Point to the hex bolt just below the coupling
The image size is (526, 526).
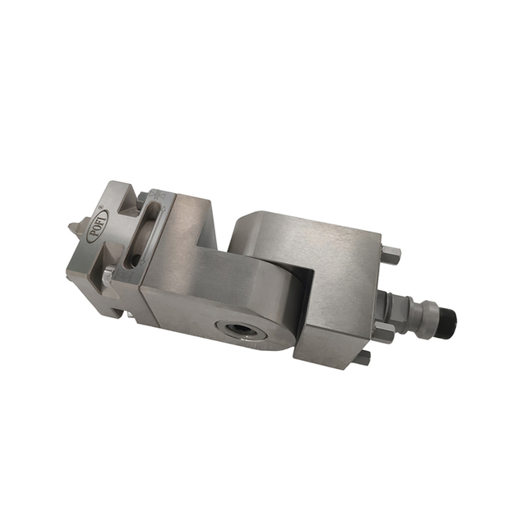click(383, 330)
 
